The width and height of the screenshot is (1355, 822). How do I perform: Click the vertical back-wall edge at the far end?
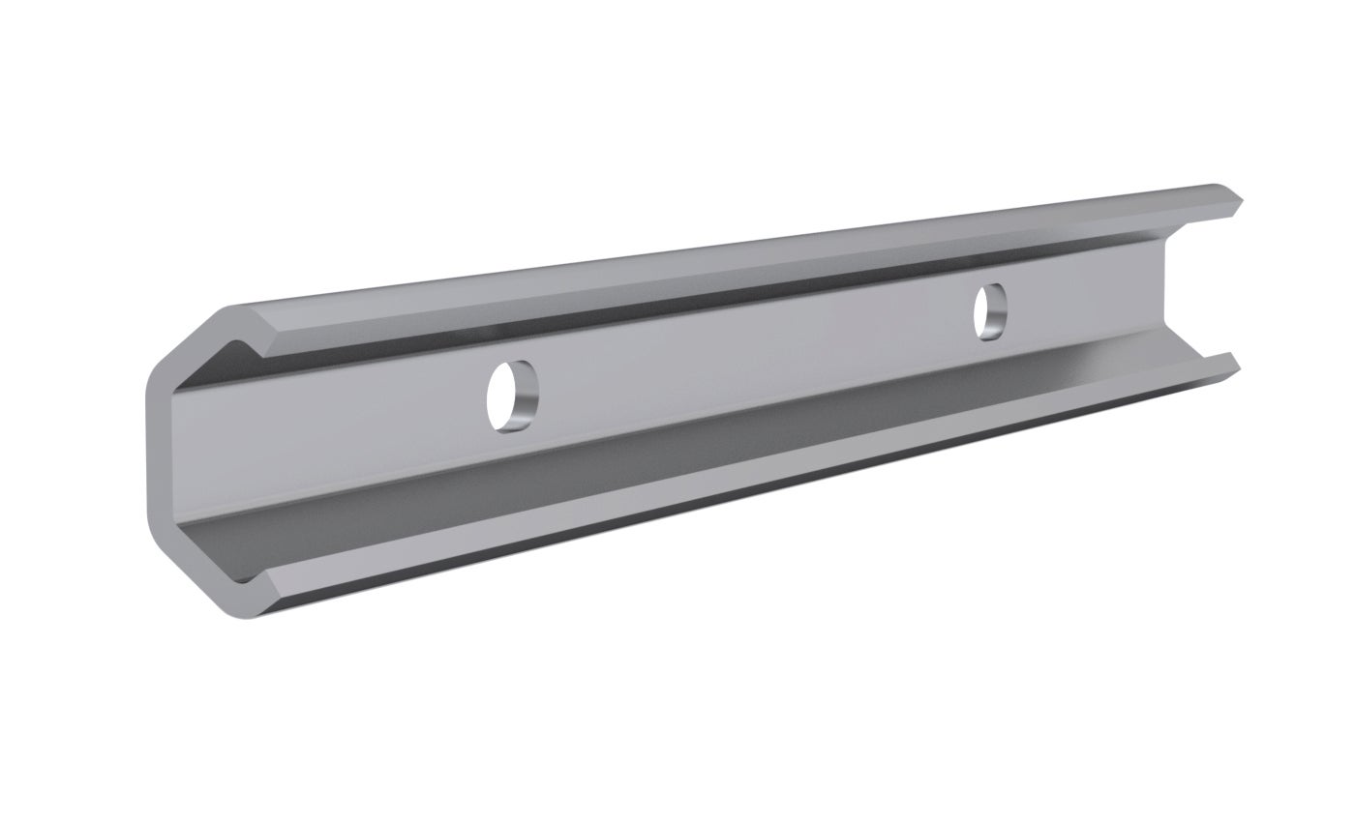pos(1168,290)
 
